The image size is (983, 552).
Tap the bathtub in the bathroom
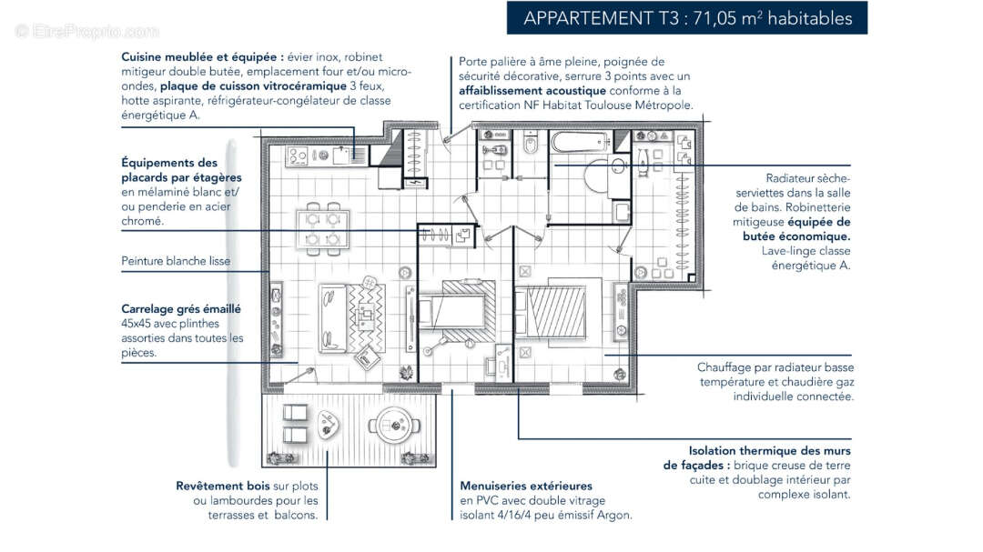580,143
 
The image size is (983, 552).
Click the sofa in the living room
331,317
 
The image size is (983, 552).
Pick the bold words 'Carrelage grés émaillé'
181,309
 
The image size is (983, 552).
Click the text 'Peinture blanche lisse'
176,261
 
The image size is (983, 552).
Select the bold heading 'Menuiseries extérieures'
526,486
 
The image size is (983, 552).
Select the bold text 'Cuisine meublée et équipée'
201,56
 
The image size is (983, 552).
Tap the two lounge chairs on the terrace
295,424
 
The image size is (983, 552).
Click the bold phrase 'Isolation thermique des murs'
770,450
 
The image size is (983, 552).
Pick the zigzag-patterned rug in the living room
369,318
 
